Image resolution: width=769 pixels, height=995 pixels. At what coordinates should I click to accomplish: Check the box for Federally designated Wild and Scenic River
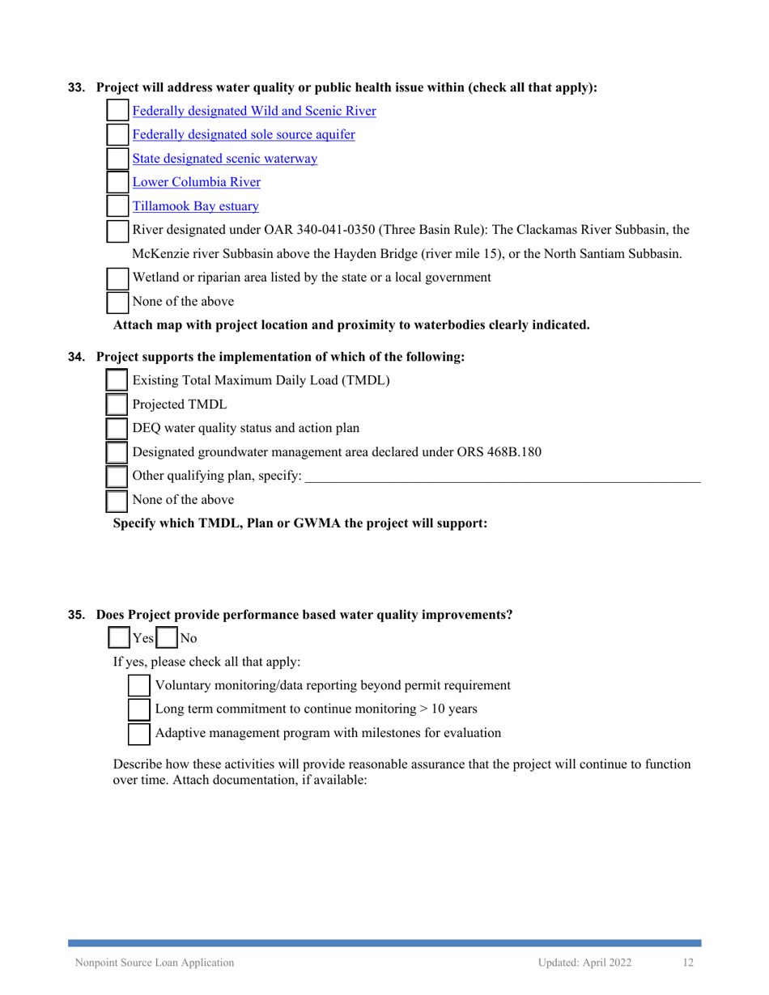[118, 111]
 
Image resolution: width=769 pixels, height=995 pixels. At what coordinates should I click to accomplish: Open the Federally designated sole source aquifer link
[243, 135]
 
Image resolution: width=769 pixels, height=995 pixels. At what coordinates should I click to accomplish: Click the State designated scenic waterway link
[224, 159]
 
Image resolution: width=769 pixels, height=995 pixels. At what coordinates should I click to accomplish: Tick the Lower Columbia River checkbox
[118, 183]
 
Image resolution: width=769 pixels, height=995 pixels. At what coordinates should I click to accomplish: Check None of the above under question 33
[118, 302]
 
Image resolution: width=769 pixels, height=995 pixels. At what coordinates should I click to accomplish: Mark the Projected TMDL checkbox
[118, 404]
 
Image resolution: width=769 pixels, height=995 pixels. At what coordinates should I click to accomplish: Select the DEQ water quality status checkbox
[118, 428]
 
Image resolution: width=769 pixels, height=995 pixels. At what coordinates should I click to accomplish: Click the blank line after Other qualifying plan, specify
[502, 475]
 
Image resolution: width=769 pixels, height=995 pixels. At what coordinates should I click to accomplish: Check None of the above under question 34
[118, 499]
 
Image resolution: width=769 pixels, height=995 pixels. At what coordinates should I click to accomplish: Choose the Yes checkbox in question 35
[118, 637]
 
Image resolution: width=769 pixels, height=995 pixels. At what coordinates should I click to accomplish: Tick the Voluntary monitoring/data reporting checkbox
[140, 685]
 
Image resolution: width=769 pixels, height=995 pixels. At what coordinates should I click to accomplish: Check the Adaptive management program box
[140, 733]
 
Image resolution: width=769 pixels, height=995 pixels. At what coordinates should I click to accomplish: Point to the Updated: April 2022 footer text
[588, 963]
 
